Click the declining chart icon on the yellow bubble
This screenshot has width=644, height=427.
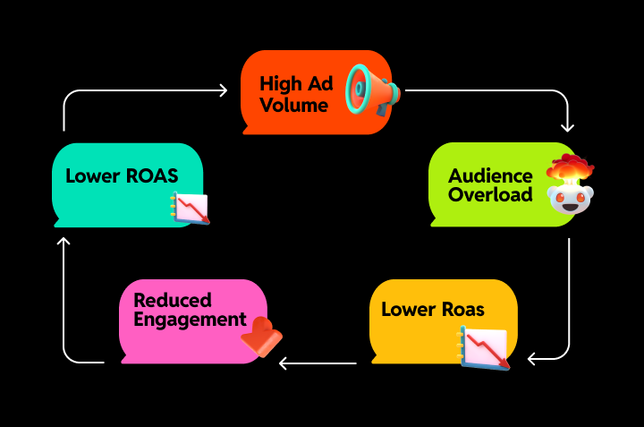(x=484, y=346)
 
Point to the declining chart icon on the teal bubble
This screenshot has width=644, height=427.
(x=190, y=208)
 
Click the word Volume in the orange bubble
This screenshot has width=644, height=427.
(x=293, y=105)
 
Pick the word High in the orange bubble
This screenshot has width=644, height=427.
(x=279, y=83)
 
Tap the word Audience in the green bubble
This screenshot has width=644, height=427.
(x=490, y=175)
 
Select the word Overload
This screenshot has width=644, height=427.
(x=490, y=194)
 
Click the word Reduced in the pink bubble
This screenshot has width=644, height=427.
(x=173, y=300)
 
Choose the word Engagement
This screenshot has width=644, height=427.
(x=190, y=319)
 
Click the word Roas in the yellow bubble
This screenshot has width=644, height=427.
(x=461, y=310)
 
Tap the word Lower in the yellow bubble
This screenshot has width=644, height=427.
(x=407, y=310)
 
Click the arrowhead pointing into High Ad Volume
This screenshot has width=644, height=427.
(x=225, y=90)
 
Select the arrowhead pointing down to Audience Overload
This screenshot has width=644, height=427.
(x=567, y=127)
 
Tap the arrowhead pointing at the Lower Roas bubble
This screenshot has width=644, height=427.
(x=532, y=359)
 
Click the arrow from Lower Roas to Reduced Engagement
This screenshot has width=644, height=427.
(x=318, y=363)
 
